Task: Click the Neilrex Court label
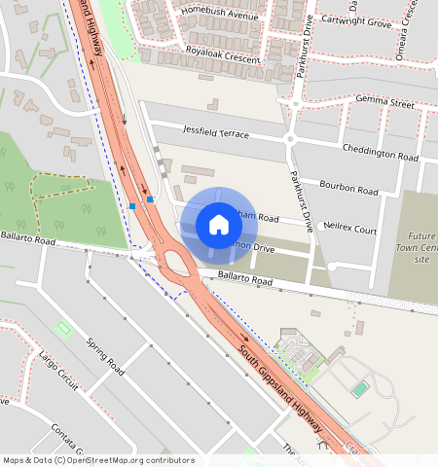(350, 230)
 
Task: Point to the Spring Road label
(105, 358)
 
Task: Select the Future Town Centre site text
(421, 248)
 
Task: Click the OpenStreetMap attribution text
(98, 460)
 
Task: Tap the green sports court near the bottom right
(360, 389)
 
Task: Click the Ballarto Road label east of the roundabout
(242, 279)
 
